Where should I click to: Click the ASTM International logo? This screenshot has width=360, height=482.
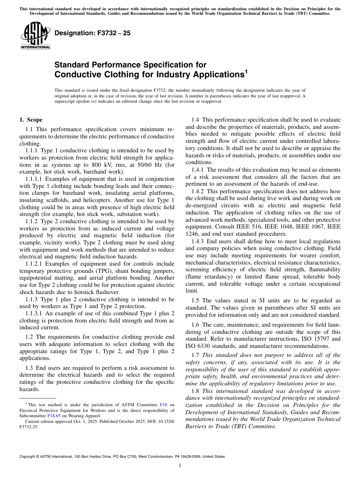click(x=35, y=36)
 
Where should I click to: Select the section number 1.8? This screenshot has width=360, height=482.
click(x=196, y=391)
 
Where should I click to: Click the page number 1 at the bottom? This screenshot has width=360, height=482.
click(x=180, y=466)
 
